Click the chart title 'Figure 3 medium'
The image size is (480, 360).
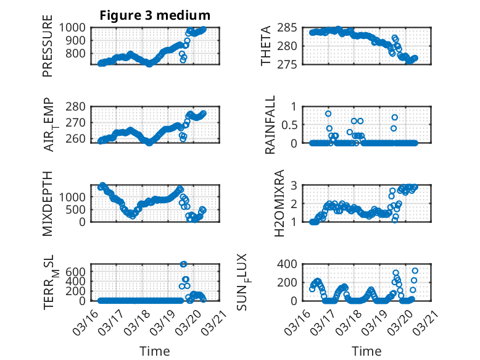point(155,15)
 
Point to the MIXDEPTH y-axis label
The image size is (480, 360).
point(48,203)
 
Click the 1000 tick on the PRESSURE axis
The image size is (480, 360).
point(77,27)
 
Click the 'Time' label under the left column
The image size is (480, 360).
point(155,351)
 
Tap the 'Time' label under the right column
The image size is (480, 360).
point(366,351)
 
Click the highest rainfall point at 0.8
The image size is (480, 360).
point(328,114)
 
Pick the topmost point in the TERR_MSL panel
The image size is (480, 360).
point(183,264)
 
